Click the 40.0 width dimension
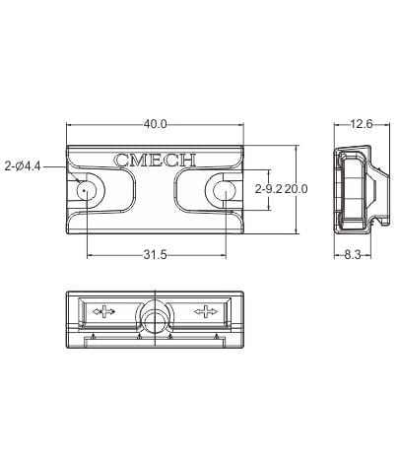[155, 124]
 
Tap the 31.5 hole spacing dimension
[155, 255]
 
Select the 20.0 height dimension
[296, 189]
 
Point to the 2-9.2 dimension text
[269, 189]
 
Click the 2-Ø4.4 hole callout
[23, 166]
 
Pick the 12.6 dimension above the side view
[362, 124]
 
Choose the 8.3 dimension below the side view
[352, 255]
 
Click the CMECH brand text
[155, 160]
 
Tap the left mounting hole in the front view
[87, 190]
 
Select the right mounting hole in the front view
[224, 190]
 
